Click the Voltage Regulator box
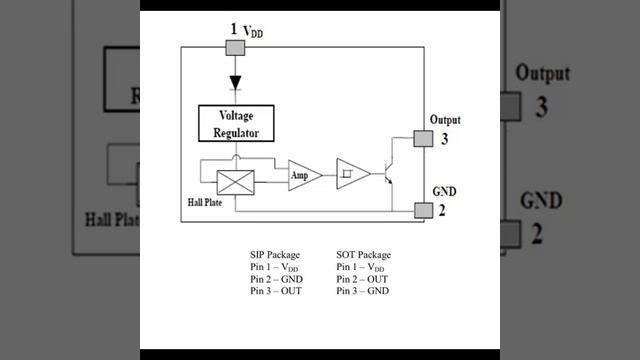[236, 123]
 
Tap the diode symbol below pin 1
[235, 83]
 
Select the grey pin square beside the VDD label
[236, 48]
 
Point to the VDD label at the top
[253, 31]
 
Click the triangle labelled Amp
[304, 175]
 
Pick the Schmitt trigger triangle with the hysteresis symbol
[353, 174]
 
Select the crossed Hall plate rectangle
[236, 182]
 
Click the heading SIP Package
[275, 255]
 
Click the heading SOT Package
[363, 255]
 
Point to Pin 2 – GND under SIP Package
[276, 279]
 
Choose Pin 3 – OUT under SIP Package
[276, 291]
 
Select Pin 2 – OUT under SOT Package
[362, 279]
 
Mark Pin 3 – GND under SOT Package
[362, 291]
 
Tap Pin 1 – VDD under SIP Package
[274, 267]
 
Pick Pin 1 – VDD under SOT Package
[360, 267]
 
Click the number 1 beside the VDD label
[233, 29]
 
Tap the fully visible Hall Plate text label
[205, 202]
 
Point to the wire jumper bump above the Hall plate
[236, 157]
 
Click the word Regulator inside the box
[236, 133]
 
